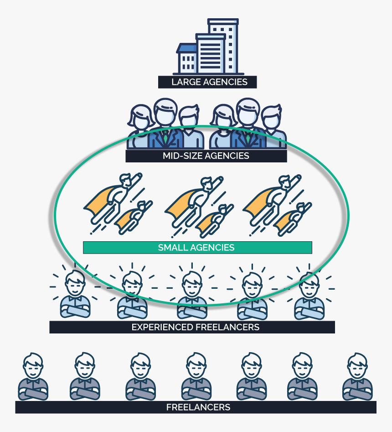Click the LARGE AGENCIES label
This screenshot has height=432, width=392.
pyautogui.click(x=207, y=82)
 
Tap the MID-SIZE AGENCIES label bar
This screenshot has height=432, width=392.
pyautogui.click(x=206, y=156)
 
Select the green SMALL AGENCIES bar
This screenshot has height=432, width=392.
pyautogui.click(x=197, y=247)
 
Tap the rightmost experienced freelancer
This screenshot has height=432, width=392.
pyautogui.click(x=309, y=295)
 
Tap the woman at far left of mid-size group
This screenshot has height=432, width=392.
pyautogui.click(x=140, y=125)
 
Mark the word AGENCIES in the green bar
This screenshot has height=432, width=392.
pyautogui.click(x=212, y=248)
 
